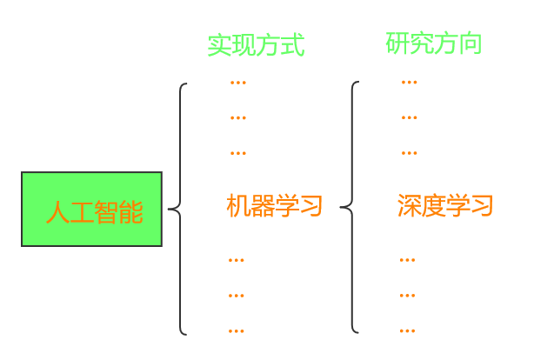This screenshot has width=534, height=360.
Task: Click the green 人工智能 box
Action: click(91, 209)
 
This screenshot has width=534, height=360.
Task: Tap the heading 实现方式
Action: click(256, 45)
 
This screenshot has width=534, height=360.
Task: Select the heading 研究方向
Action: click(433, 43)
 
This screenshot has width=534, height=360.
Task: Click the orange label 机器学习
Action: click(274, 206)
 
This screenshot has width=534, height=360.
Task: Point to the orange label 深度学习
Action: click(445, 206)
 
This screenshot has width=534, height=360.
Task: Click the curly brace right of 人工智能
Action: click(179, 209)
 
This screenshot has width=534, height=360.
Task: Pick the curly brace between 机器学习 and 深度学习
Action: click(351, 208)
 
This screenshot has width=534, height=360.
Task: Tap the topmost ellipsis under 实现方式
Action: click(237, 83)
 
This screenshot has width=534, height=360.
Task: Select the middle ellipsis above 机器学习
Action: click(237, 117)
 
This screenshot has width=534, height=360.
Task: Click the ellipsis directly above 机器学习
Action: click(237, 153)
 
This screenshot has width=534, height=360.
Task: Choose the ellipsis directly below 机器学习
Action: click(237, 260)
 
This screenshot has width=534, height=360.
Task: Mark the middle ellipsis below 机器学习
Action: click(237, 296)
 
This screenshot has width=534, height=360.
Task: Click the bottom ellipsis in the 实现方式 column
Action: click(237, 330)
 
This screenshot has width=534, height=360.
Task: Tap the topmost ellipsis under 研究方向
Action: click(409, 83)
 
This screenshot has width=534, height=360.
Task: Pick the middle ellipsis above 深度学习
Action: click(409, 117)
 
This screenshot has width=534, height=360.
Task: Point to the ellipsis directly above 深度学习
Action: click(409, 153)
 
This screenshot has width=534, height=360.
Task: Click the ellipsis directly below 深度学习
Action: click(407, 260)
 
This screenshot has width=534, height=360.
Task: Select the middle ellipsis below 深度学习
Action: click(407, 296)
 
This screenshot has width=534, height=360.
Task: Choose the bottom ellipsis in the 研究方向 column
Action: click(407, 330)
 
